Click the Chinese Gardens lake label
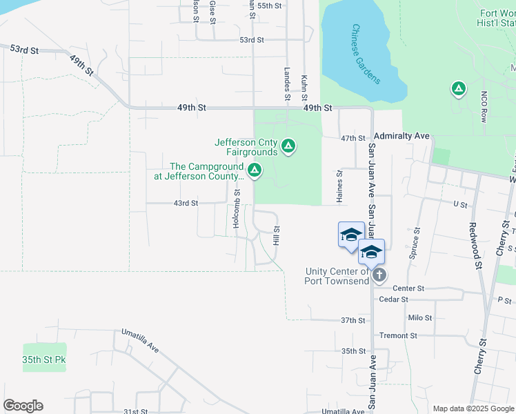click(366, 54)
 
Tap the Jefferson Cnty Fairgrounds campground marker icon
click(288, 146)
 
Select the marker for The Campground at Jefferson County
click(255, 170)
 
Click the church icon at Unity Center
click(379, 275)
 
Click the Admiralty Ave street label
click(401, 137)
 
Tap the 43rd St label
click(185, 203)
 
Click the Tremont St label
click(394, 335)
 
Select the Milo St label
click(419, 318)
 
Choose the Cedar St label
click(394, 299)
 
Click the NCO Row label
click(484, 106)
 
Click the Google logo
click(23, 406)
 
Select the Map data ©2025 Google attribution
click(473, 408)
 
